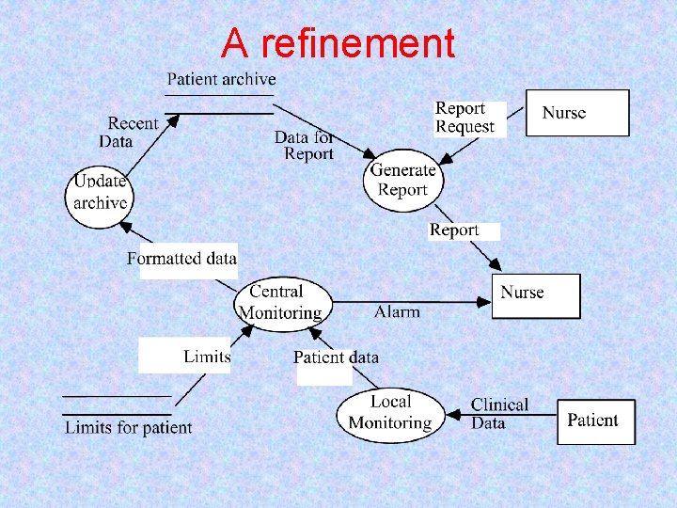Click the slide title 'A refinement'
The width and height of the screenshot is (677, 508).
338,43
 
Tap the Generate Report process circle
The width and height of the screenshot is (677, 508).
402,180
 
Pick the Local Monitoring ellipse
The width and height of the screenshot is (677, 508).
389,413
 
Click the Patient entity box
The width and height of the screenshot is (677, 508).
596,421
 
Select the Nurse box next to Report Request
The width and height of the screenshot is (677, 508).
576,113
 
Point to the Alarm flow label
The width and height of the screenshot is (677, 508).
397,311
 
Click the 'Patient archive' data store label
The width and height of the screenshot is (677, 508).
221,79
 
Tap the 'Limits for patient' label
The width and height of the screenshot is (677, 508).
128,428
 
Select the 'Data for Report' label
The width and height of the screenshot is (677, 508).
306,145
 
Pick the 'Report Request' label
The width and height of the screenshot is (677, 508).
464,118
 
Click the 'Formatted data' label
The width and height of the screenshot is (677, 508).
182,259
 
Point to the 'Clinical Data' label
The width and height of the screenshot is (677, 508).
500,413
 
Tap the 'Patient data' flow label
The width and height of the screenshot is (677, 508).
336,357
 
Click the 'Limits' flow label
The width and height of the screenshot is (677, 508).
207,356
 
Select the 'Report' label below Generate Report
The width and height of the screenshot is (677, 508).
454,230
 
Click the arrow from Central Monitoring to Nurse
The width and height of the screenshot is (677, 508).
414,302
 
